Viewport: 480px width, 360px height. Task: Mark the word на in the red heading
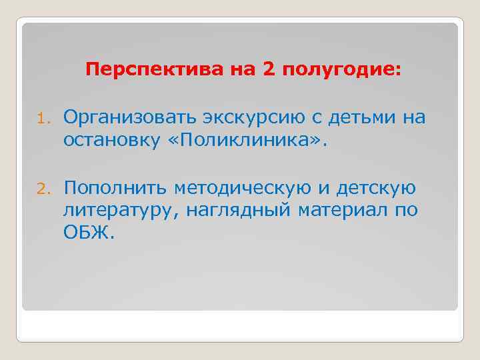239,70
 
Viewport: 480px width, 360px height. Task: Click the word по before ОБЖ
408,211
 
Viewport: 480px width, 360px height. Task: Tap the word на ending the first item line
413,118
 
